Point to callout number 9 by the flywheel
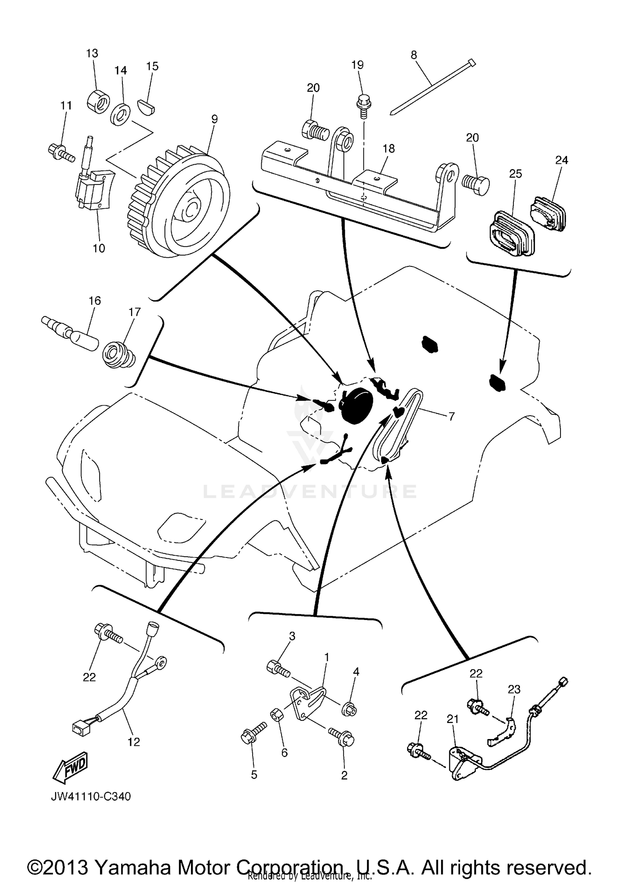coord(214,119)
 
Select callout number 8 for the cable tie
coord(414,55)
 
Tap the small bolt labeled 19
coord(363,101)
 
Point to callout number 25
coord(515,173)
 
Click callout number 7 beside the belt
coord(451,416)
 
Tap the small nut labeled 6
coord(277,714)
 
